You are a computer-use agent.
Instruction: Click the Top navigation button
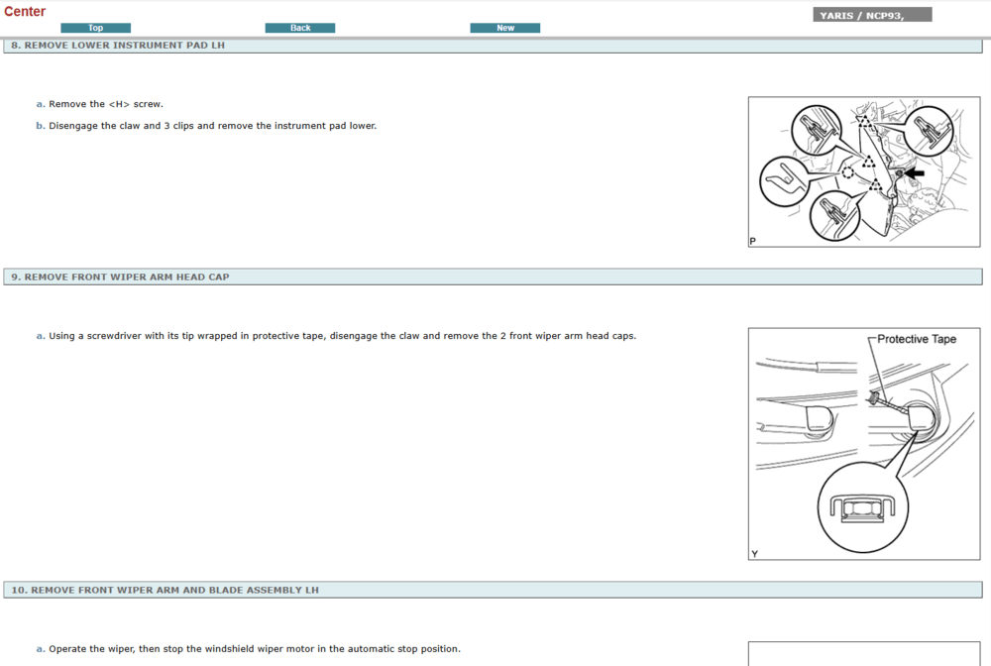tap(95, 28)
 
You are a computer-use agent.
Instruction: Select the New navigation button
tap(505, 28)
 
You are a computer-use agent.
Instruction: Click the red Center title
tap(25, 11)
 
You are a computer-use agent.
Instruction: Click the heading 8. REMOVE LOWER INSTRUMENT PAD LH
tap(118, 46)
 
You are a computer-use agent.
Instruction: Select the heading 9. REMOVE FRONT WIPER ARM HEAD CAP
tap(120, 277)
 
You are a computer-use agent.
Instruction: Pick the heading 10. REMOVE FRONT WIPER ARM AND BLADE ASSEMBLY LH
tap(165, 590)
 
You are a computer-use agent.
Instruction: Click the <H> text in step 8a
tap(119, 104)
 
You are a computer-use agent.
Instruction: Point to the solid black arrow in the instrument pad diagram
tap(914, 172)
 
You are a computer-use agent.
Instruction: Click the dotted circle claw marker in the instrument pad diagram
tap(847, 172)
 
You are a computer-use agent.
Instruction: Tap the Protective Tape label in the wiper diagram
tap(917, 339)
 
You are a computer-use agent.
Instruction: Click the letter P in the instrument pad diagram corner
tap(753, 241)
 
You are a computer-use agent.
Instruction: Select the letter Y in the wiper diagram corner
tap(754, 554)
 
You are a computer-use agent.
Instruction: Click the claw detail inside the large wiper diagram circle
tap(863, 508)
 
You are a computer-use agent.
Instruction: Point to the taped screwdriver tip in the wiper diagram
tap(875, 397)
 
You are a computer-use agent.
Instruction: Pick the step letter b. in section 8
tap(41, 126)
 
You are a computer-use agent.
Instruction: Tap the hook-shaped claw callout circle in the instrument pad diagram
tap(784, 181)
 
